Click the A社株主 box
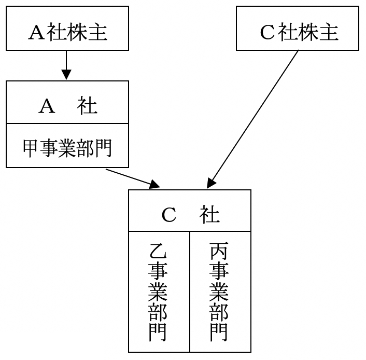pos(67,29)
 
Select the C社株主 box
pos(297,29)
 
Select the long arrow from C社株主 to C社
pos(254,117)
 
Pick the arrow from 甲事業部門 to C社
pos(132,177)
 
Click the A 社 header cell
pos(67,103)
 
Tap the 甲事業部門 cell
pos(67,146)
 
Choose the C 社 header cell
pos(190,210)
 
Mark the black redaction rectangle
pos(51,347)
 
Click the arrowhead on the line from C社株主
pos(210,183)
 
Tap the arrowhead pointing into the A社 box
pos(66,76)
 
